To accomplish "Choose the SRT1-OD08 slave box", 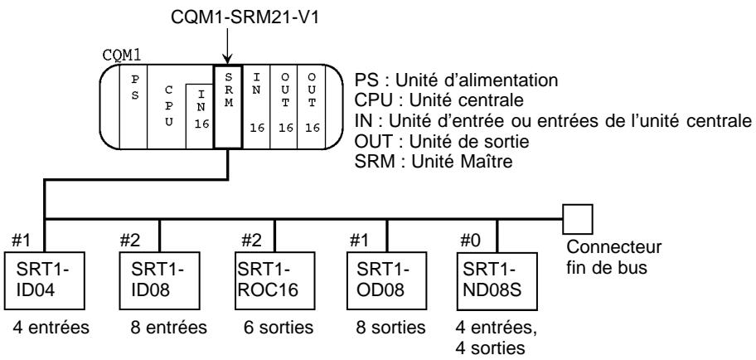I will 378,271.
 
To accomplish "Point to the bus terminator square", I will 578,218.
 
